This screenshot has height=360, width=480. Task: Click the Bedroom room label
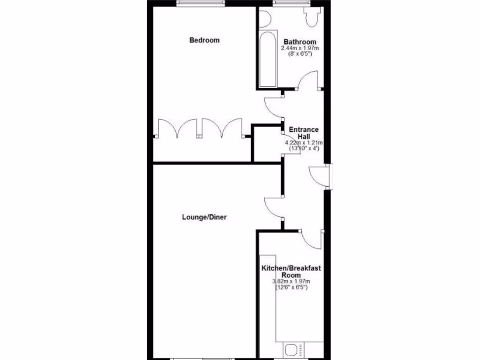click(204, 40)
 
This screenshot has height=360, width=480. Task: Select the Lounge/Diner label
click(204, 217)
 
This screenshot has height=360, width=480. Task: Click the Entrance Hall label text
click(303, 133)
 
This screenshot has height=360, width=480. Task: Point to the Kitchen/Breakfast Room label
click(291, 271)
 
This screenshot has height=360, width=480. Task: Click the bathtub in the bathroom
click(268, 60)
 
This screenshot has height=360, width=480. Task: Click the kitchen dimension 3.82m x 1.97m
click(291, 281)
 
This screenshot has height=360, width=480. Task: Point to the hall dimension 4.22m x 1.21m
click(304, 142)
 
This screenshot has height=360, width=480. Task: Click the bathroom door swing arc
click(308, 78)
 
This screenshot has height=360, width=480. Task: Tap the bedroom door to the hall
click(272, 108)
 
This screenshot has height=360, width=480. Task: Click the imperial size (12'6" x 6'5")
click(291, 287)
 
